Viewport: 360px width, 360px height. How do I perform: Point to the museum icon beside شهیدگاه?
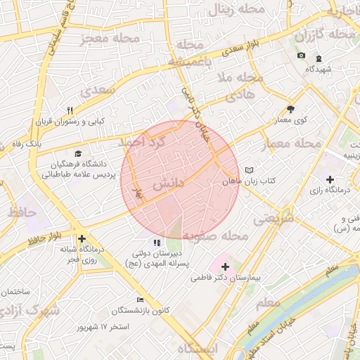coord(319,57)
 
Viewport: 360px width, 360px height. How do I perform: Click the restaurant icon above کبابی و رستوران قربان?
coord(69,110)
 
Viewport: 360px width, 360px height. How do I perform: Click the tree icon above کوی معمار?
coord(291,109)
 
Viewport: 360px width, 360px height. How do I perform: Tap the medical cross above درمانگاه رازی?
coord(330,179)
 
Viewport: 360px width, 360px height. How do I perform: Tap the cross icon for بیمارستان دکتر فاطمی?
coord(225,266)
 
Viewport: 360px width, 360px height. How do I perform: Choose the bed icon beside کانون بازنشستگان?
coord(141,300)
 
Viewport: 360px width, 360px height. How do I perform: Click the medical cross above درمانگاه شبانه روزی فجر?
coord(82,238)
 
